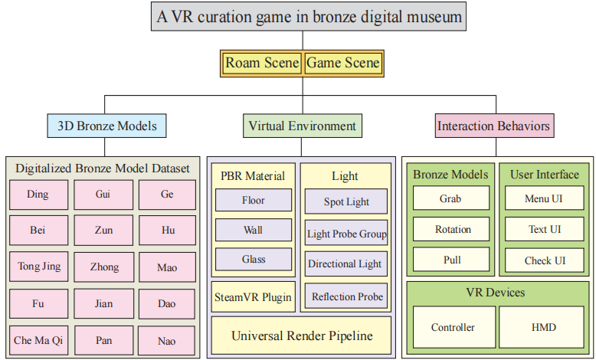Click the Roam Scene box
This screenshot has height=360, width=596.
[262, 64]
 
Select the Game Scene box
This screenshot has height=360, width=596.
[342, 64]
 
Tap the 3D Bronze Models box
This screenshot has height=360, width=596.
[106, 126]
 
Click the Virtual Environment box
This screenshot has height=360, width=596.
[302, 126]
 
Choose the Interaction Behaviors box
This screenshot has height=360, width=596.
[493, 126]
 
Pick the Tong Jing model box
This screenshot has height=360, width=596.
[39, 267]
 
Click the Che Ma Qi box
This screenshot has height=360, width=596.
[39, 339]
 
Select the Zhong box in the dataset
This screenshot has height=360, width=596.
[103, 267]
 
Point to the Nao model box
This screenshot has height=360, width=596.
[168, 339]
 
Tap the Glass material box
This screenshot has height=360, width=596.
[254, 260]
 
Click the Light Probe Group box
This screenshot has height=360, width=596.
[345, 234]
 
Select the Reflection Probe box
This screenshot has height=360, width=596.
[345, 296]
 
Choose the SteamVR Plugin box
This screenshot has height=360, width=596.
[252, 296]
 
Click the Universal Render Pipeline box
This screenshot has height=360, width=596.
[301, 335]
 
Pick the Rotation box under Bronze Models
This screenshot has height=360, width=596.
[453, 229]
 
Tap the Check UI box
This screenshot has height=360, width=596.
[544, 260]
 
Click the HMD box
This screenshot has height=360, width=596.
[544, 328]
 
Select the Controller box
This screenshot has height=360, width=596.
[453, 328]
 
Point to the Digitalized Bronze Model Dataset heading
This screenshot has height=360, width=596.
[103, 169]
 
